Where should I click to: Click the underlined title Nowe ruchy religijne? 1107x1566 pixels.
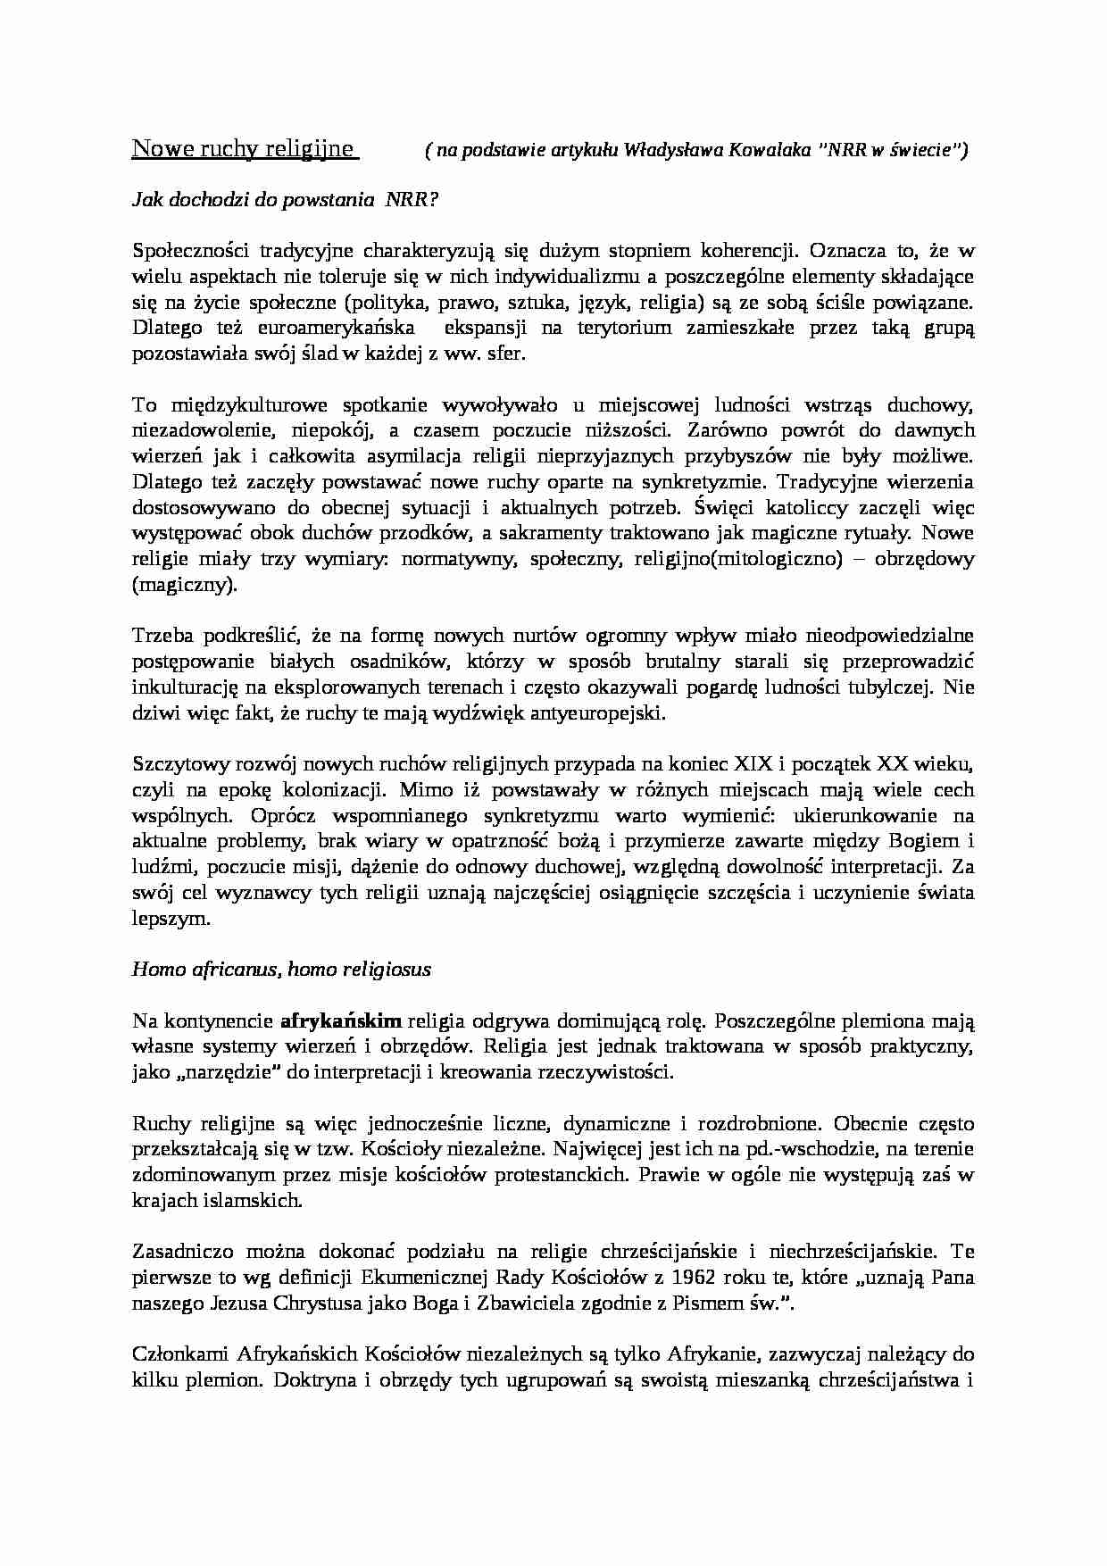tap(244, 148)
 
